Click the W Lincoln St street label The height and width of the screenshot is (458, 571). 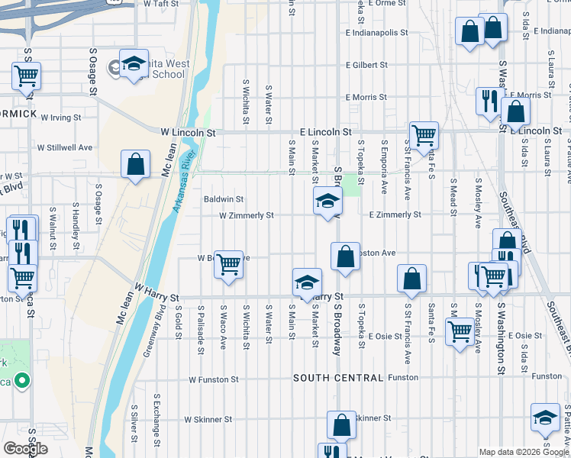pos(188,132)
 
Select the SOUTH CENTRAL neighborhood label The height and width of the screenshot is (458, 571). pos(337,378)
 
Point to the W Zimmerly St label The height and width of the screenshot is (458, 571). pos(246,216)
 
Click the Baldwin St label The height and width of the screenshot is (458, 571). pos(224,199)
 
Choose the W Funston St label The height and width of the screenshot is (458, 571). pos(214,379)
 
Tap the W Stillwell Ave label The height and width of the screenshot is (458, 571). pos(66,147)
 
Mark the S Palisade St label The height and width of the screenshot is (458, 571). pos(201,330)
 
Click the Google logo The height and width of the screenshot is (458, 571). pos(25,449)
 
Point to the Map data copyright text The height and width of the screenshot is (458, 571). pos(523,453)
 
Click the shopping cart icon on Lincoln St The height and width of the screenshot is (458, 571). pos(423,136)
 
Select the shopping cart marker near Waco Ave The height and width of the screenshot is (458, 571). pos(228,264)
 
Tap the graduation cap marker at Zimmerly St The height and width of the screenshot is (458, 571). pos(327,202)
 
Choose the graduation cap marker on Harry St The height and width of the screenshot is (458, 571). pos(307,282)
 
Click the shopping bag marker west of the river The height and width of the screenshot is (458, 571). pos(135,164)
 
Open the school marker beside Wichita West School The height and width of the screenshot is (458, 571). pos(134,64)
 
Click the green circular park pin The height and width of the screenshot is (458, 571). pos(22,379)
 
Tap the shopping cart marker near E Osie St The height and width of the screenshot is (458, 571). pos(460,332)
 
